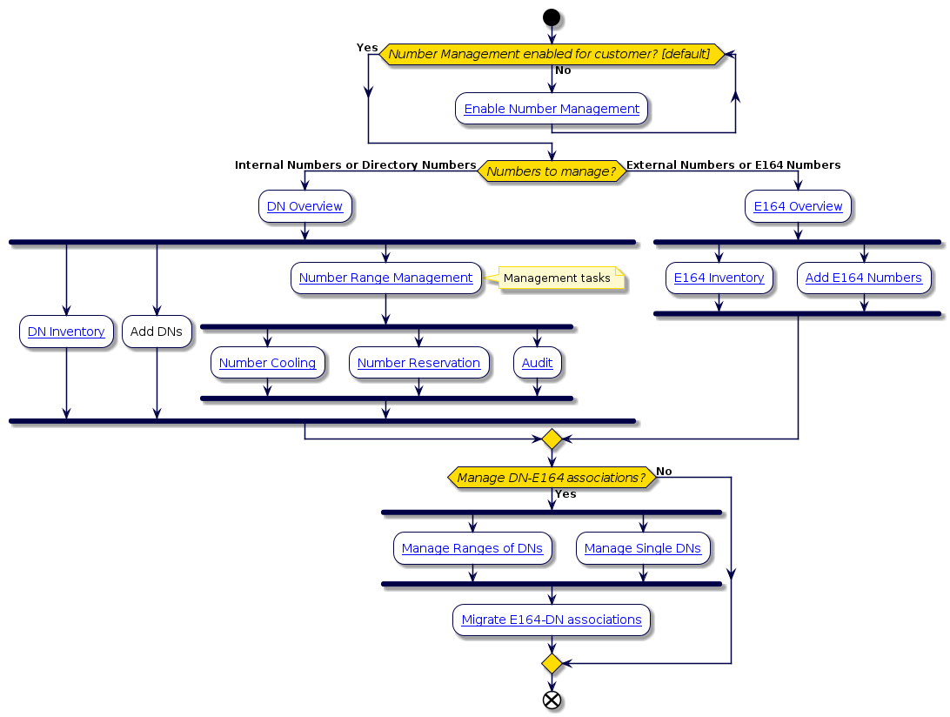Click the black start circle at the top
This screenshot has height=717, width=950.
coord(552,17)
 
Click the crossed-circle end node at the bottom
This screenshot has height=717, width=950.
coord(552,700)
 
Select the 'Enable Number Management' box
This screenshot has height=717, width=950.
coord(552,109)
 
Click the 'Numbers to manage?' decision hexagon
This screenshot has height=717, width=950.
coord(552,171)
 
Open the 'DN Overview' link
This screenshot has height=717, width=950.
coord(304,206)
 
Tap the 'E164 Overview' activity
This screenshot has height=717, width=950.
coord(798,206)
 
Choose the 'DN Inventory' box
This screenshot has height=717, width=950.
coord(66,332)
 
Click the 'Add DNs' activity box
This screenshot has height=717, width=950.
coord(157,332)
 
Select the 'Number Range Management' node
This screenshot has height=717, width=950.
coord(385,278)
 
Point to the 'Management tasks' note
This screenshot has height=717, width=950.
coord(557,278)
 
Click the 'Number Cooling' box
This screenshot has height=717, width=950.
coord(267,363)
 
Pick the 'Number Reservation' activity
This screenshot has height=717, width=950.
coord(418,363)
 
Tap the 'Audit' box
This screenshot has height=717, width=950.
coord(537,363)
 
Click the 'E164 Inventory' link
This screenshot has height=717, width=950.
coord(719,278)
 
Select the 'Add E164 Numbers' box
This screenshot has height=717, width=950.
coord(864,278)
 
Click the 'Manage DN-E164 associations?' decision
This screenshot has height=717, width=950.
coord(552,477)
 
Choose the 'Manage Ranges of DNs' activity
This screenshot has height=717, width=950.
coord(472,548)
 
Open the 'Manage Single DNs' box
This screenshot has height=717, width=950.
coord(643,548)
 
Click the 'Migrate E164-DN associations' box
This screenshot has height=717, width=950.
coord(552,620)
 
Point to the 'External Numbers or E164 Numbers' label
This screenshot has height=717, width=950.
coord(733,164)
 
